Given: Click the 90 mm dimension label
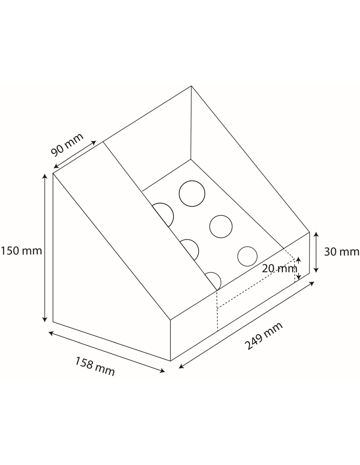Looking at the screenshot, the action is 67,145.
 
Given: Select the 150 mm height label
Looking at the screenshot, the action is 21,251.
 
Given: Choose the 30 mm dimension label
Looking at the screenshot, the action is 341,252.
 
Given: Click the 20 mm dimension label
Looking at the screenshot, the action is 279,268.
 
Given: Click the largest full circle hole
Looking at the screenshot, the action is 192,194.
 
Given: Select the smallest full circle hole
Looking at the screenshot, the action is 247,256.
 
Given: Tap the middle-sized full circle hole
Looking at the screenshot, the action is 221,226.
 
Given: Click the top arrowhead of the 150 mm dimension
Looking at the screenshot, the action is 45,176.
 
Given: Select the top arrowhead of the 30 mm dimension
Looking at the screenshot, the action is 316,234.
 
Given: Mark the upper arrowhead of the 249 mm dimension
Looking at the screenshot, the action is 312,284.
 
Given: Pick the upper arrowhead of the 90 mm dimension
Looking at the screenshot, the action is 94,143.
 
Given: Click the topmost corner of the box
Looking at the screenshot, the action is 191,86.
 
